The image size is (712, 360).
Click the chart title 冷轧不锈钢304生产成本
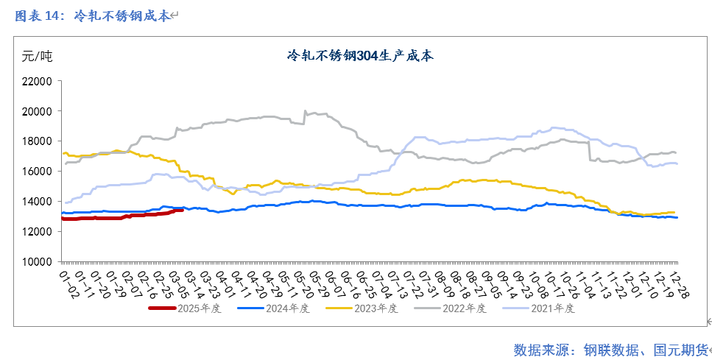click(360, 55)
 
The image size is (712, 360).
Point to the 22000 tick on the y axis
click(36, 81)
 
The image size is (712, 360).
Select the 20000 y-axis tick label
click(36, 111)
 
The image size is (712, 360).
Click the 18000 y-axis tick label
click(36, 141)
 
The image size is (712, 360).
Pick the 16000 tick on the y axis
click(36, 171)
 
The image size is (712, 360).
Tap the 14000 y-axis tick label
click(36, 201)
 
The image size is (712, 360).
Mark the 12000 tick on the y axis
click(36, 231)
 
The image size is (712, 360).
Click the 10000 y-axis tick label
click(36, 261)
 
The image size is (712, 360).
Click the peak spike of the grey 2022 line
click(305, 111)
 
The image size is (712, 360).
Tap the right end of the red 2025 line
click(182, 210)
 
